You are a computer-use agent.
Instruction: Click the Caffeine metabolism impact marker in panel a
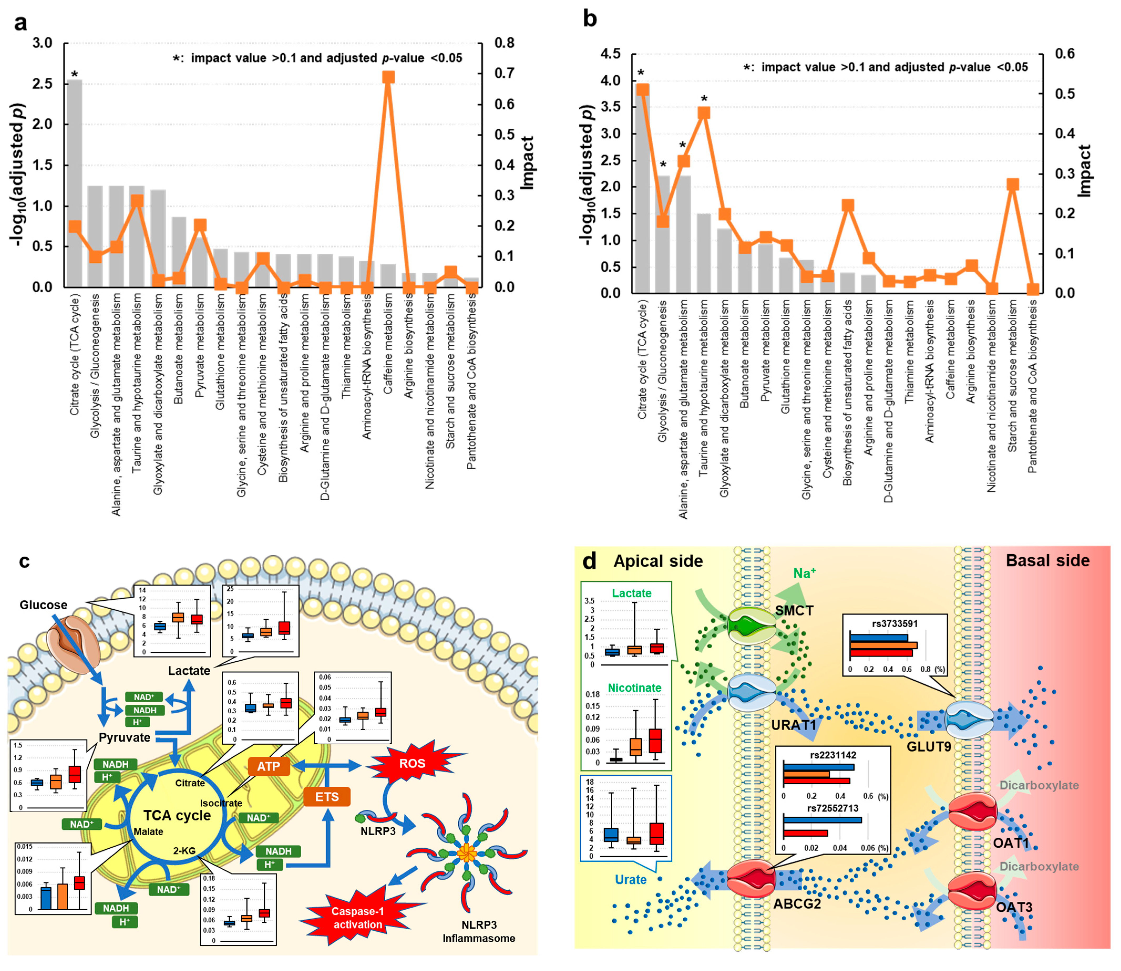[388, 77]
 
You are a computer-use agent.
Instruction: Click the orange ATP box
[268, 766]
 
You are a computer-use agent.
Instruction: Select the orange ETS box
[327, 797]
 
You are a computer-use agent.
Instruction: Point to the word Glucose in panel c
[43, 605]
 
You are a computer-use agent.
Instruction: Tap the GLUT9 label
[929, 747]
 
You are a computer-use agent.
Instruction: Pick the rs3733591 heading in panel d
[894, 624]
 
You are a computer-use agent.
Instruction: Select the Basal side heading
[1047, 560]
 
